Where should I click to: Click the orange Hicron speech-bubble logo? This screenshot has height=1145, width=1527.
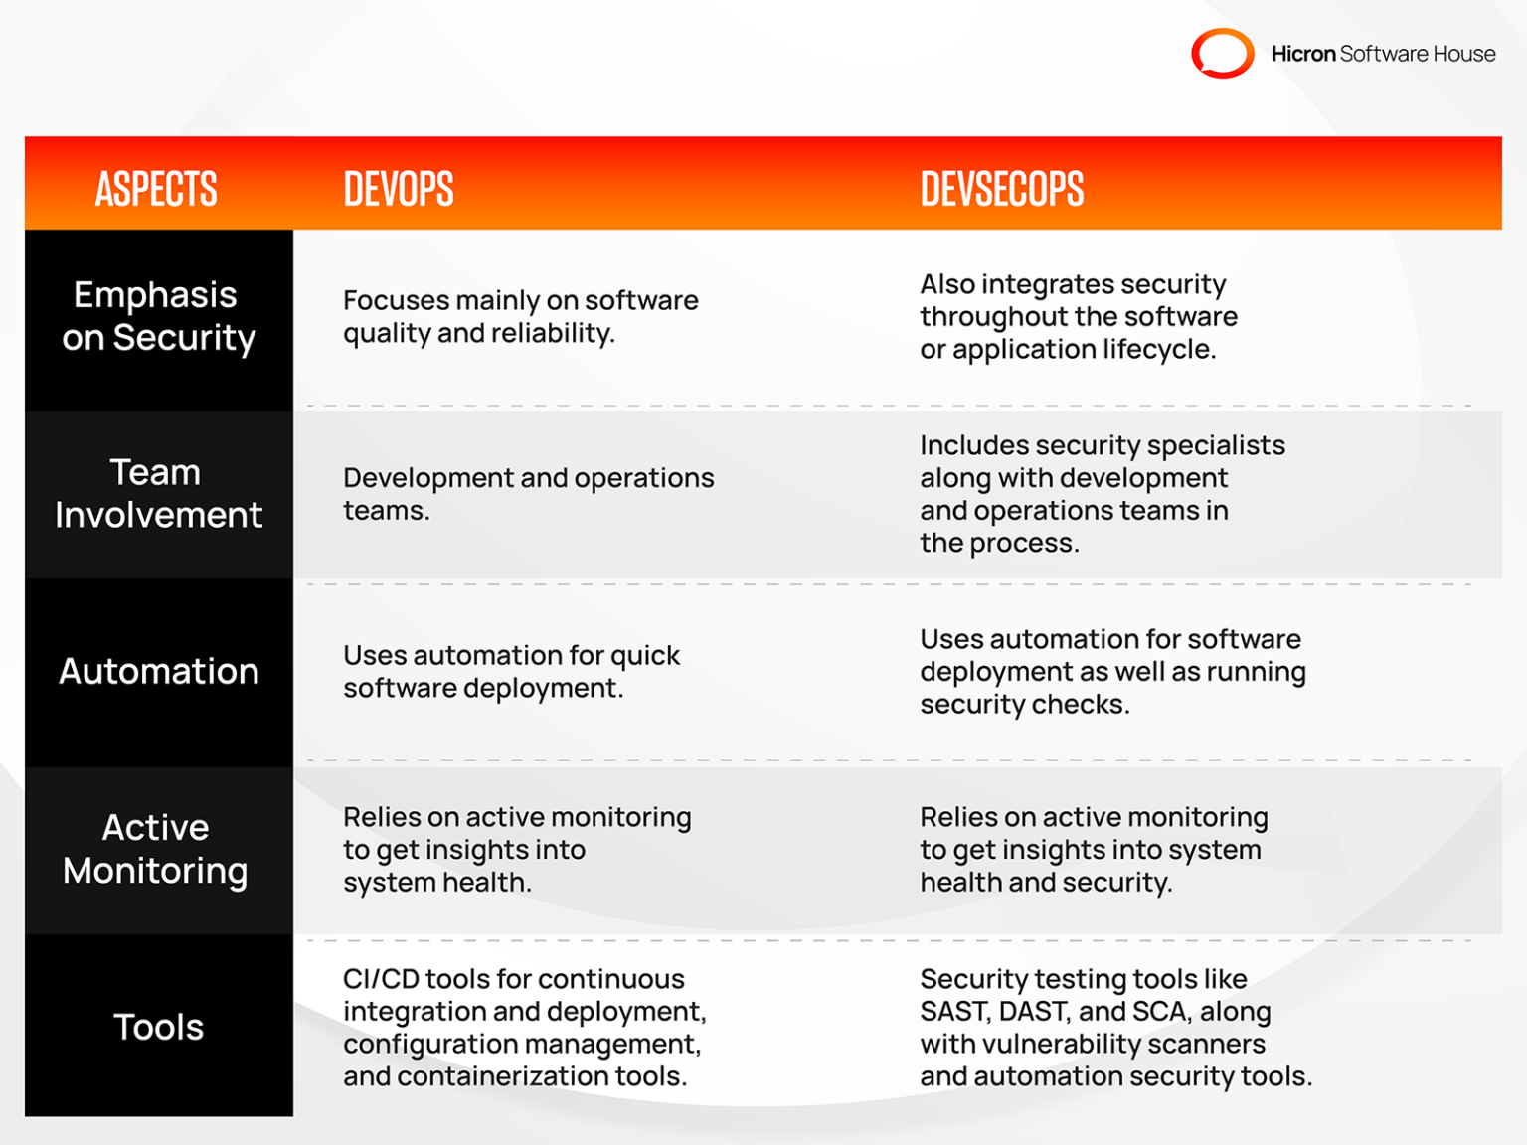1222,53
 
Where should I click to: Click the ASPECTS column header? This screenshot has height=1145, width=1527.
156,188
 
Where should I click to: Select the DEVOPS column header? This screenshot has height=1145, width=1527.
399,188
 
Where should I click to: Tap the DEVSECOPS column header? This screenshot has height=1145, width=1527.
1001,188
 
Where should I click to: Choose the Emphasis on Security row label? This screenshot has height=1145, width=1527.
158,316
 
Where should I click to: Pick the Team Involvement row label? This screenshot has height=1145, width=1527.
158,493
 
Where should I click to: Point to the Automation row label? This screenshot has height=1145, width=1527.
158,671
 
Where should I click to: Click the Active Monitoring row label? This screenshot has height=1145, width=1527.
156,849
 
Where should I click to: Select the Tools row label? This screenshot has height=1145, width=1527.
158,1027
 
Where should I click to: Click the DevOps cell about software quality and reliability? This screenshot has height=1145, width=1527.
520,316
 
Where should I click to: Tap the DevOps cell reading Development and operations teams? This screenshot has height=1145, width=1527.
528,493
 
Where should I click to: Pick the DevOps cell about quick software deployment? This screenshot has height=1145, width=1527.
511,671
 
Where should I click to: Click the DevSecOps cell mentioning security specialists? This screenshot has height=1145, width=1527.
1102,493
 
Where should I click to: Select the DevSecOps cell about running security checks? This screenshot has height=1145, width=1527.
1111,671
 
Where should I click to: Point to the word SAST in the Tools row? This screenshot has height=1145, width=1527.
953,1012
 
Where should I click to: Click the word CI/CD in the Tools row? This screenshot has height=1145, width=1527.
381,979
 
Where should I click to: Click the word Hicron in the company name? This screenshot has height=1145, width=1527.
1302,54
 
